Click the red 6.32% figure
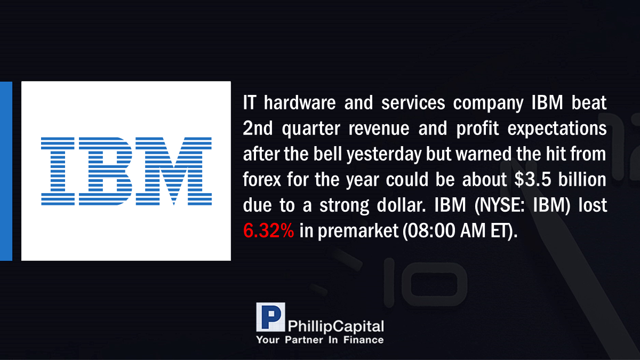(268, 230)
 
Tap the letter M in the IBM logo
(173, 171)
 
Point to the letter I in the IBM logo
(58, 171)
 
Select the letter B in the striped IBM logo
(106, 171)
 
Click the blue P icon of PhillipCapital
(270, 317)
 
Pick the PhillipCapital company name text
(335, 326)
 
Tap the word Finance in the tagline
(363, 340)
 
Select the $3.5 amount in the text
(533, 180)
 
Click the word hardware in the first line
(300, 102)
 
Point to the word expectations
(557, 129)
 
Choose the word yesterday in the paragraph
(384, 155)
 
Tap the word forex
(262, 180)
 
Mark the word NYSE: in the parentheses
(499, 205)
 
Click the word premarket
(358, 231)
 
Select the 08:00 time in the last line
(431, 231)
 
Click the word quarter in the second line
(311, 129)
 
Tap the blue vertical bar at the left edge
(6, 171)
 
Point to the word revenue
(379, 129)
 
